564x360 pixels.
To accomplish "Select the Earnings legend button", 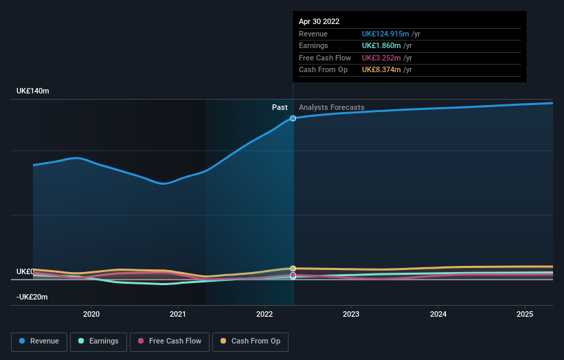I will [x=98, y=341].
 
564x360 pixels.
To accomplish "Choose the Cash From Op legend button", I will [x=251, y=341].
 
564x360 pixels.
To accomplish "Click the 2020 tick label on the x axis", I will [x=91, y=314].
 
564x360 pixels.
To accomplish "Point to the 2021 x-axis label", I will [x=179, y=314].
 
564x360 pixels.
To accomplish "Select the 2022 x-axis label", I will [x=265, y=314].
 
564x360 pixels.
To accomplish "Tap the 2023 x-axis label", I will [x=351, y=314].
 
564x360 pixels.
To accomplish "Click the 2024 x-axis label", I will [x=438, y=314].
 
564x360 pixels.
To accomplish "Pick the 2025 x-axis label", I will [x=525, y=314].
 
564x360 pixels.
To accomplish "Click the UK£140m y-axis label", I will [x=33, y=91].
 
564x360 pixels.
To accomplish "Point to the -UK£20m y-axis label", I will [x=33, y=297].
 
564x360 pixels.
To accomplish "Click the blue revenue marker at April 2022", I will [x=293, y=118].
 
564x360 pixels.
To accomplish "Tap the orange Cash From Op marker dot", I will [x=293, y=269].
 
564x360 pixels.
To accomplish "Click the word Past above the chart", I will [x=280, y=107].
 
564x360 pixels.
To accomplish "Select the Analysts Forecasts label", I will [x=331, y=107].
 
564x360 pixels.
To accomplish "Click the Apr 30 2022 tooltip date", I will [x=319, y=22].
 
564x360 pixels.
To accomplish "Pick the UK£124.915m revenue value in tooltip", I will [x=385, y=34].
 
